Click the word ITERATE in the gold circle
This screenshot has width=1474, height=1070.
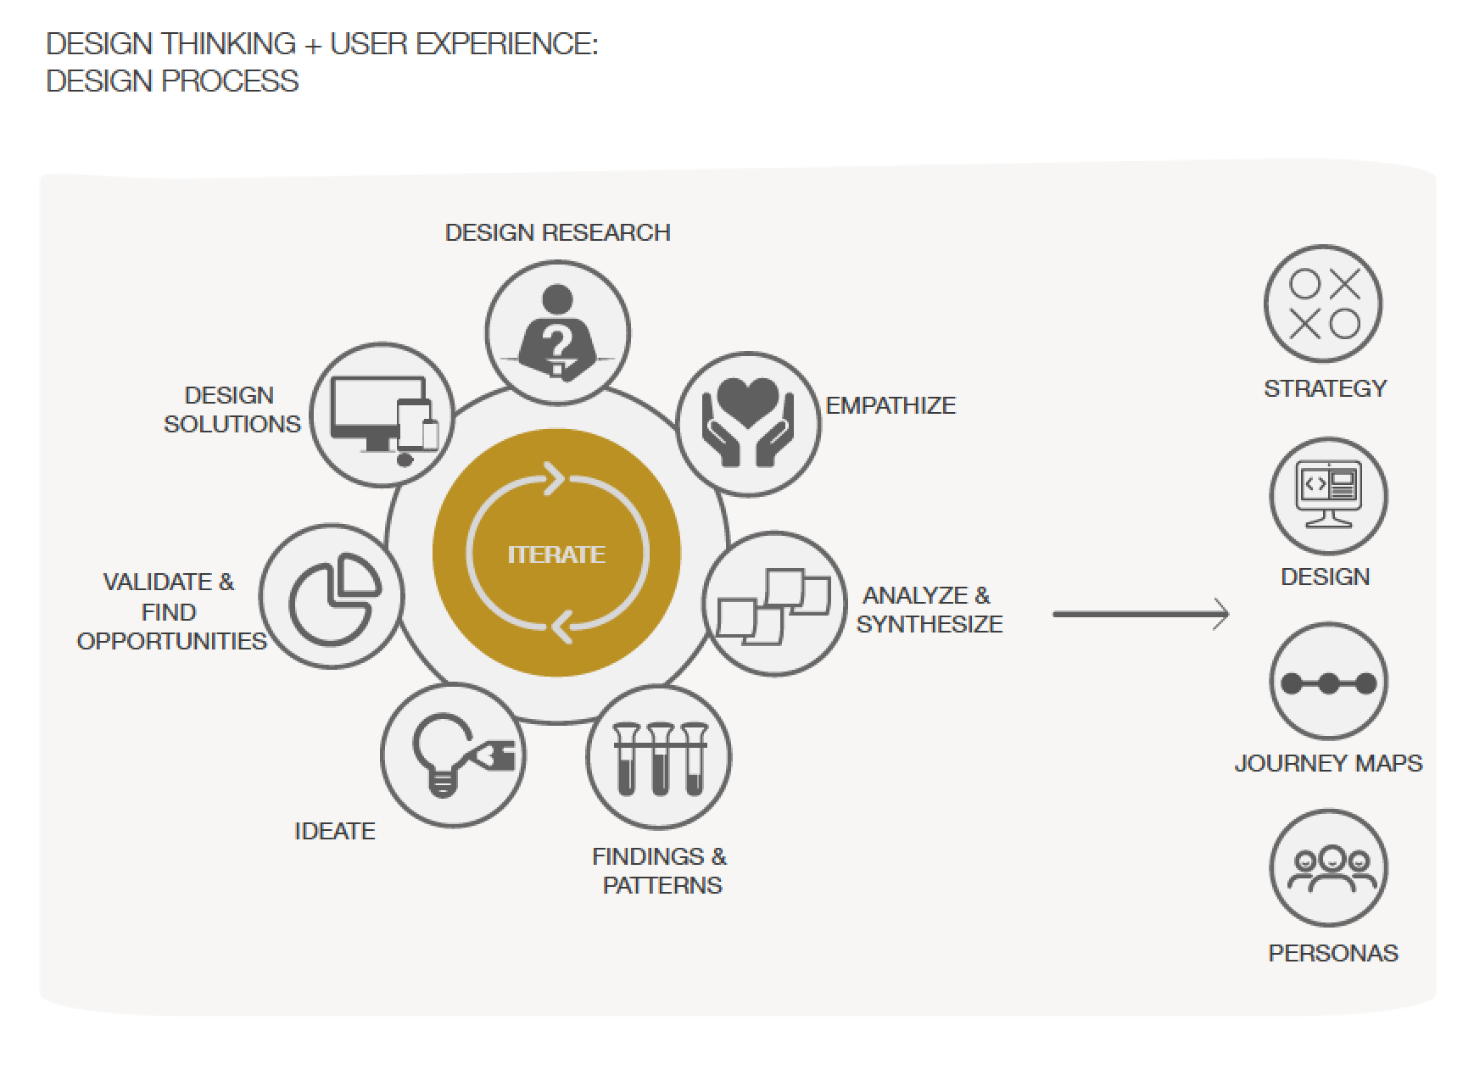coord(556,555)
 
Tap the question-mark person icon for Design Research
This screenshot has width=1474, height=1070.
coord(557,332)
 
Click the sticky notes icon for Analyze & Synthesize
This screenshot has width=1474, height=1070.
coord(774,604)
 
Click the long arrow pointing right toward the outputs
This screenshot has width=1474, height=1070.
coord(1141,614)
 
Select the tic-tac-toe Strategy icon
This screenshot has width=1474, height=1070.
coord(1323,304)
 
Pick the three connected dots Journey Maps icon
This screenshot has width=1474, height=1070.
coord(1328,683)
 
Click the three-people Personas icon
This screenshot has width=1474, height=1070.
coord(1328,868)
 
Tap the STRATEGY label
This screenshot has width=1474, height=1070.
coord(1326,388)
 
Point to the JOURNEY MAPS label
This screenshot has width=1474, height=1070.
coord(1328,763)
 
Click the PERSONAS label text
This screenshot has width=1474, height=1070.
coord(1333,953)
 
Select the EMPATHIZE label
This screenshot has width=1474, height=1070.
coord(891,405)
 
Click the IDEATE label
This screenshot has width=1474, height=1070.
coord(335,831)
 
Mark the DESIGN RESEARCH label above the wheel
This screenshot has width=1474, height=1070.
coord(558,232)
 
